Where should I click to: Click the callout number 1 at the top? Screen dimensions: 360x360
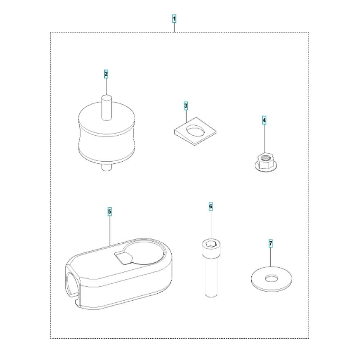tap(174, 19)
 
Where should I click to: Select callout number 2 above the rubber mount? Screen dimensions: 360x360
tap(106, 74)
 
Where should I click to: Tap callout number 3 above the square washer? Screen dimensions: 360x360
tap(186, 106)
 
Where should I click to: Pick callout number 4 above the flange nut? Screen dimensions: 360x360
tap(264, 120)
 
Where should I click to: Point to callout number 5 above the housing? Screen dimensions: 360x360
tap(110, 211)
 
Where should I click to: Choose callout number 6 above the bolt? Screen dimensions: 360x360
tap(211, 206)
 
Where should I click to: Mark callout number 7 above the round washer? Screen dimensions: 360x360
tap(271, 243)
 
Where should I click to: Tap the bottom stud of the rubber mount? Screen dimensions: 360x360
tap(107, 167)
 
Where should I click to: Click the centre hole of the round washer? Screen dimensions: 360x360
tap(271, 279)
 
